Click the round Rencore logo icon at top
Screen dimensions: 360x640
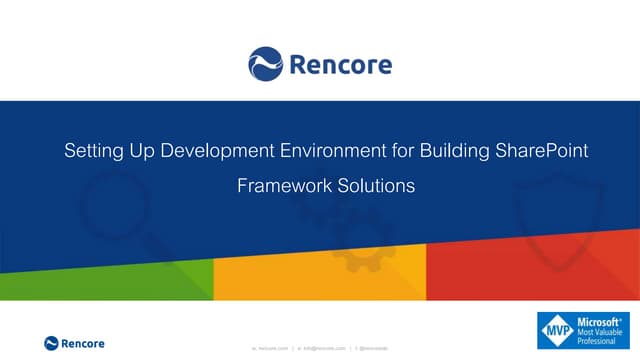click(x=266, y=64)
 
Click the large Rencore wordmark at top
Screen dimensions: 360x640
click(x=340, y=65)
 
